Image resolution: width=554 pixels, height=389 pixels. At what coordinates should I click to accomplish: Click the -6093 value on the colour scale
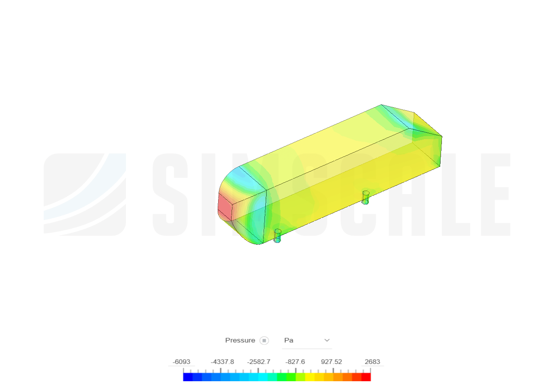181,362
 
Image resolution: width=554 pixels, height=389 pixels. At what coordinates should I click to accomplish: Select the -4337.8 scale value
222,362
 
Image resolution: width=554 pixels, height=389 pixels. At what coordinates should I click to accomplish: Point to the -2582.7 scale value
259,362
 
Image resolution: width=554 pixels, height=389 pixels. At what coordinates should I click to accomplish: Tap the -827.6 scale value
295,362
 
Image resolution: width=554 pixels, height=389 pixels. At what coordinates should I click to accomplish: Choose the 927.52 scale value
332,362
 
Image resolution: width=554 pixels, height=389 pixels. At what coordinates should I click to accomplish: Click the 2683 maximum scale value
372,362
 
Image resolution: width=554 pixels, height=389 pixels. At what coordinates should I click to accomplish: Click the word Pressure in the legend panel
240,340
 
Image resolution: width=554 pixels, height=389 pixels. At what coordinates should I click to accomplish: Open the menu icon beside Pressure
264,341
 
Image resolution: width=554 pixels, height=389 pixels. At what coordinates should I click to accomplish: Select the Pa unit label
289,340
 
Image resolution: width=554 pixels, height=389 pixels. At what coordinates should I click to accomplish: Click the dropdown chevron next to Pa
327,340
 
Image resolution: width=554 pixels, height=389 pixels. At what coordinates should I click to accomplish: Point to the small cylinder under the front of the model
277,236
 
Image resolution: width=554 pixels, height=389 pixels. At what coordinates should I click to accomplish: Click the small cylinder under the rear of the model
365,197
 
